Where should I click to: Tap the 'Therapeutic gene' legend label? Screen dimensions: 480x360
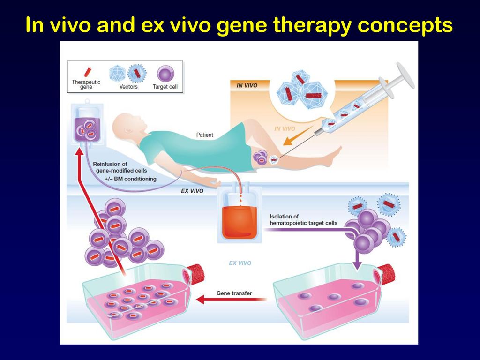point(86,84)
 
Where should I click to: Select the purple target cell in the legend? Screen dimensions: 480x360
point(165,75)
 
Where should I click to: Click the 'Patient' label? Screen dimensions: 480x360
point(204,135)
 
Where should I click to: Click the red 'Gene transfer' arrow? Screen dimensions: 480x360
point(231,299)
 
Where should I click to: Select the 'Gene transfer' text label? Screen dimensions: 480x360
point(234,293)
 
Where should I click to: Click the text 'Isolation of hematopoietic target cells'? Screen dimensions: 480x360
point(303,220)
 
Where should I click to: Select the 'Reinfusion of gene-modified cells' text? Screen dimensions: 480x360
point(120,167)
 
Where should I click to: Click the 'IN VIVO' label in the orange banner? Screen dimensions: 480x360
point(247,85)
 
